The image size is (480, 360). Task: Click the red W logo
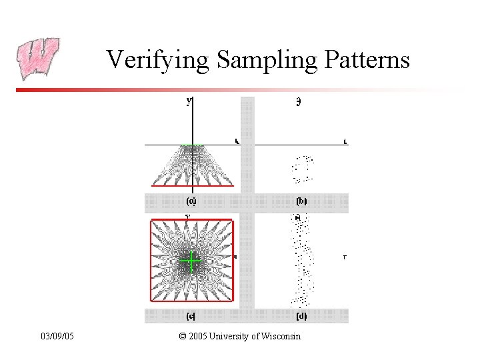[x=37, y=59]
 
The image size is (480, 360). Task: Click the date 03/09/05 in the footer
[x=57, y=336]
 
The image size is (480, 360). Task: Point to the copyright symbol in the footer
[x=183, y=336]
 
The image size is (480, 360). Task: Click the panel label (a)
[x=191, y=201]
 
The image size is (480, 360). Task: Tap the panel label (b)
[x=301, y=201]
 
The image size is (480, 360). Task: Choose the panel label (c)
[x=191, y=316]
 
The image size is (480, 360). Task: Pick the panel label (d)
[x=301, y=316]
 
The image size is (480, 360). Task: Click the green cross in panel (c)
[x=191, y=261]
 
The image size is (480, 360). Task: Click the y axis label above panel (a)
[x=189, y=101]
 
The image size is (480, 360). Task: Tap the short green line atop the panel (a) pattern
[x=193, y=145]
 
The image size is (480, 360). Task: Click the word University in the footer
[x=230, y=336]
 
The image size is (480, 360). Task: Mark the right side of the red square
[x=232, y=260]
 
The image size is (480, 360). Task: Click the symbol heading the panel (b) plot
[x=298, y=102]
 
